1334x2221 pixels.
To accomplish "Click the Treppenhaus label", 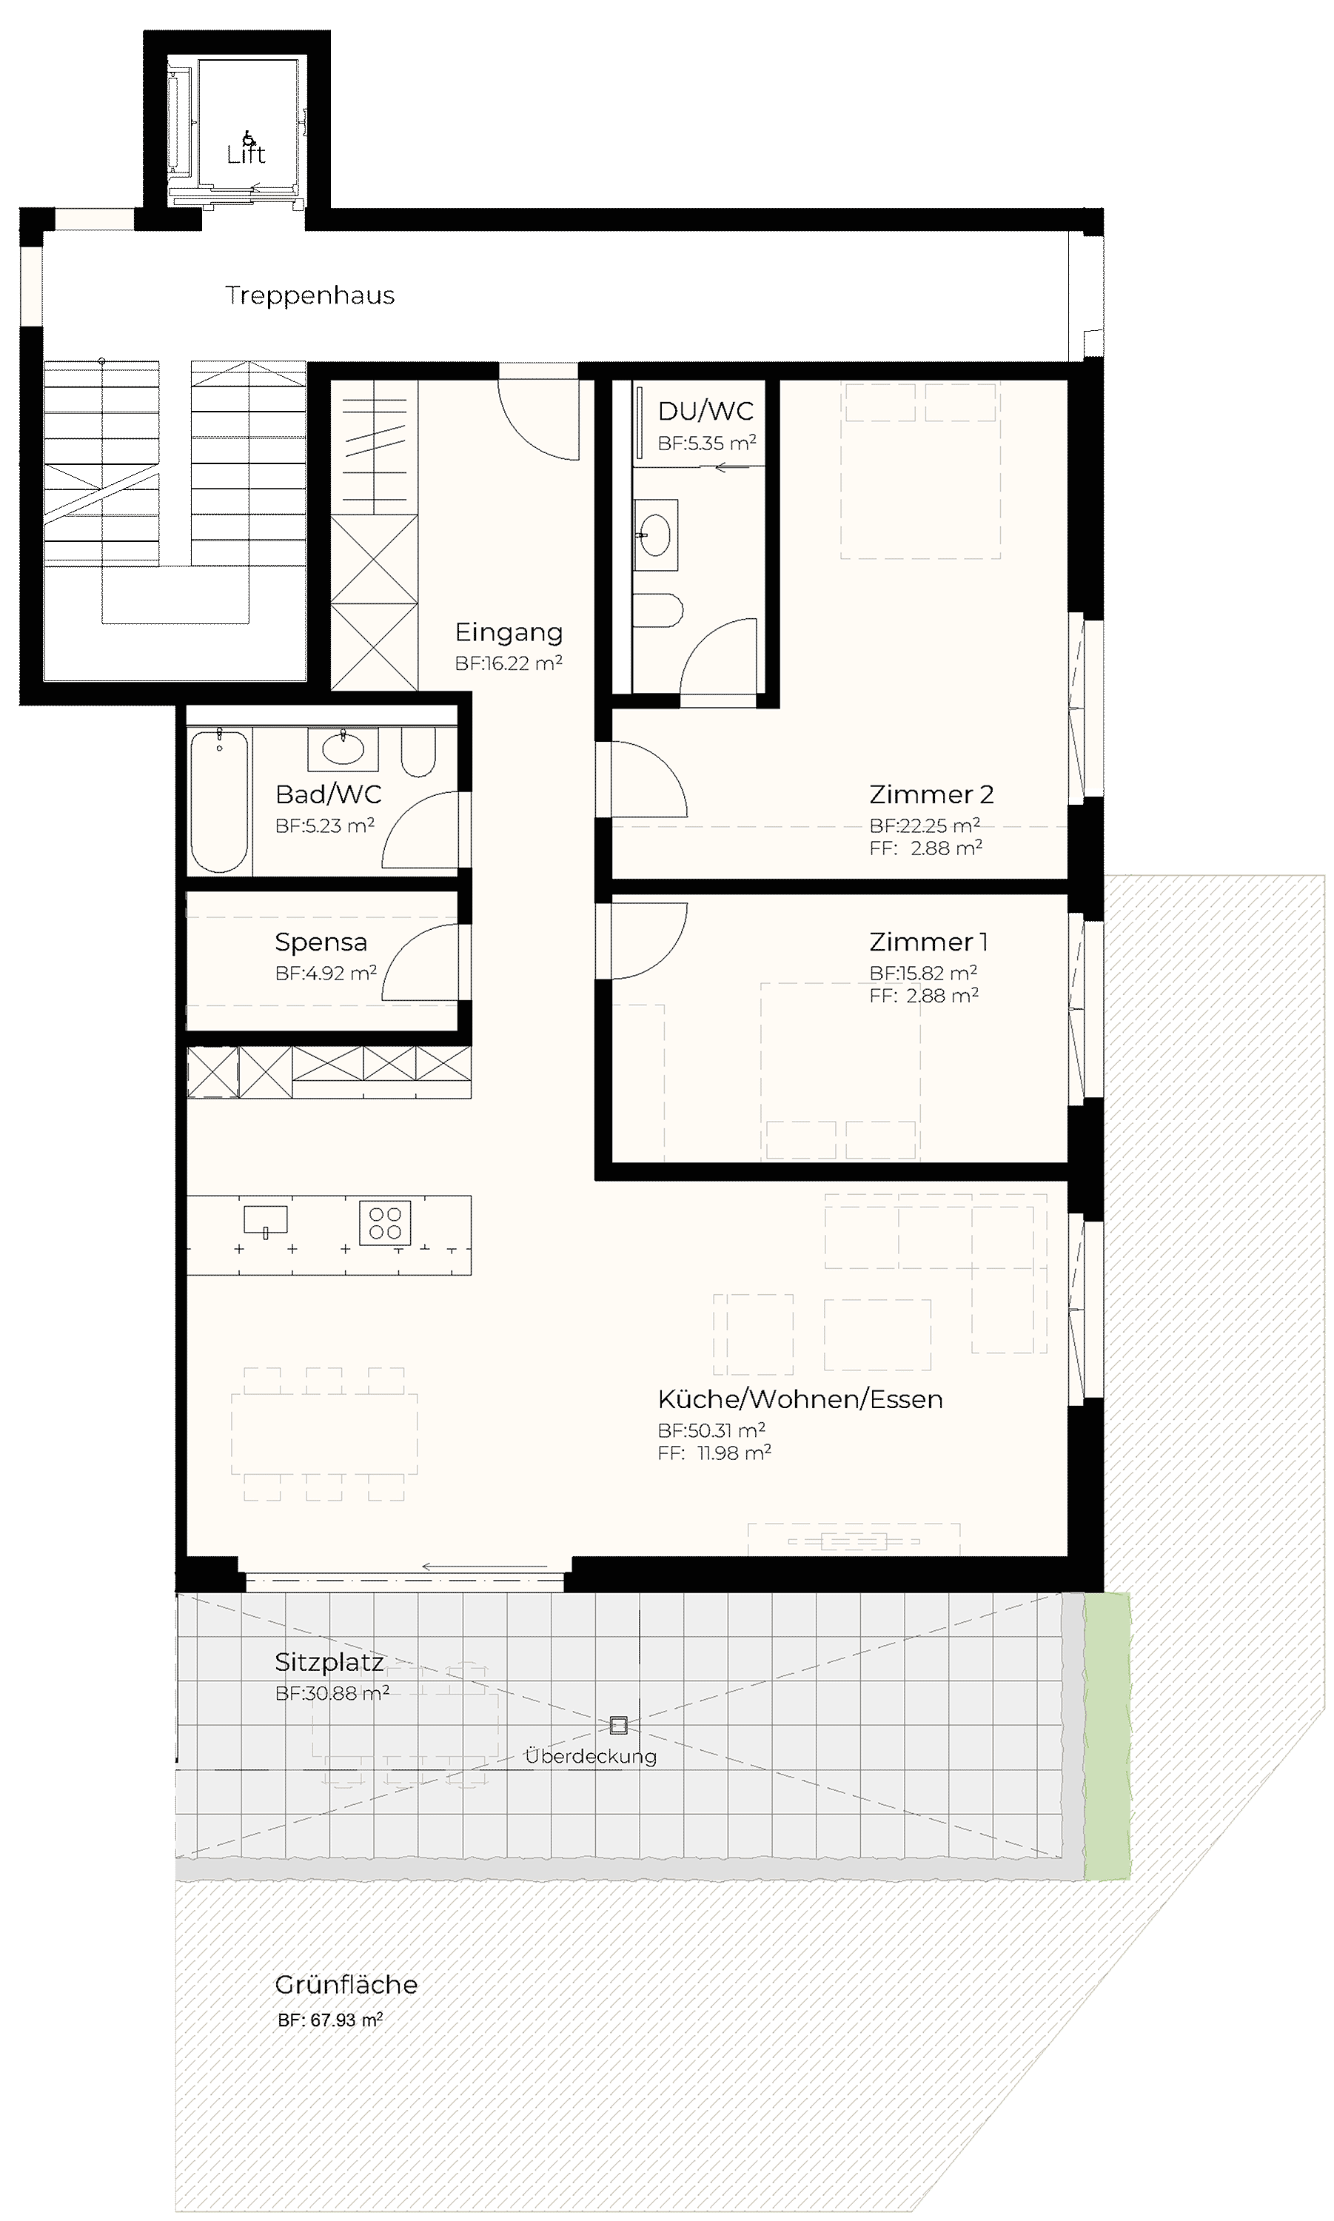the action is [309, 295].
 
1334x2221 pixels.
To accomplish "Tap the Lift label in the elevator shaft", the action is [247, 155].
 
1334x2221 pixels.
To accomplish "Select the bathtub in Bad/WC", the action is [219, 801].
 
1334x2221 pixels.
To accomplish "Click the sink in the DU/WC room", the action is [655, 535].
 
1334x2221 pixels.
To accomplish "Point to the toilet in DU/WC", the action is [659, 610].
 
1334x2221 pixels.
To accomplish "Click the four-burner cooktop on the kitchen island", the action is [385, 1222].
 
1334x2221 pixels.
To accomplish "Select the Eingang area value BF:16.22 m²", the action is [509, 664].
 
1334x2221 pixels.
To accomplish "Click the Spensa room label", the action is [321, 943].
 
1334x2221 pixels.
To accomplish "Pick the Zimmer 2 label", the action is [931, 794].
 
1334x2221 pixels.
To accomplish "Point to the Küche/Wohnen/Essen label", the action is [800, 1399].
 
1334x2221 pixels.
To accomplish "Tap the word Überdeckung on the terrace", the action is [591, 1755].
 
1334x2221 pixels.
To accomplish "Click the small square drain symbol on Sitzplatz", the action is [617, 1725].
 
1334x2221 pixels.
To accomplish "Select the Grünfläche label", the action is [346, 1985].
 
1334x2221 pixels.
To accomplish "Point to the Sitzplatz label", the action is [329, 1663].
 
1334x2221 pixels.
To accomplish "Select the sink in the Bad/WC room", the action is [343, 748].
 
